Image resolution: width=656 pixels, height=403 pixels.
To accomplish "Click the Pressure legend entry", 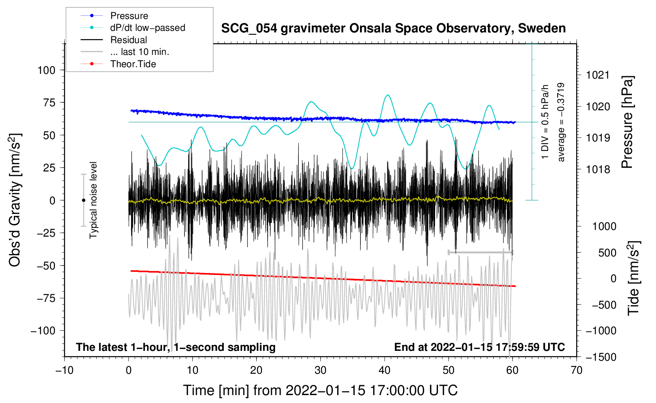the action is click(115, 15).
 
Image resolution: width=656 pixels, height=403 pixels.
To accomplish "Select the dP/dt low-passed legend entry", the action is click(133, 28).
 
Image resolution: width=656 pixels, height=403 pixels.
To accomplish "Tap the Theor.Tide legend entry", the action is click(118, 64).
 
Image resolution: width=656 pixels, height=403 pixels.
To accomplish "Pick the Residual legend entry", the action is click(114, 40).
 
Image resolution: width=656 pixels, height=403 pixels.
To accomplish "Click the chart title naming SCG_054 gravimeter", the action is click(393, 28).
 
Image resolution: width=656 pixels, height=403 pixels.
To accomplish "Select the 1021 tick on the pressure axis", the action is click(598, 75).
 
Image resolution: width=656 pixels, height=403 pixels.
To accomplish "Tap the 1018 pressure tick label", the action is click(598, 169).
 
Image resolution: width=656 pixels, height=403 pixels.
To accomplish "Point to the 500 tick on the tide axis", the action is click(607, 252).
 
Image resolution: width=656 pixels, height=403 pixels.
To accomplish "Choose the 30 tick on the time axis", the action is click(320, 371).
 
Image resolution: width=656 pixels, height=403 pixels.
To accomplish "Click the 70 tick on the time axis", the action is click(576, 371).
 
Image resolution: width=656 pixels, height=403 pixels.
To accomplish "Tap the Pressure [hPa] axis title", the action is click(628, 122).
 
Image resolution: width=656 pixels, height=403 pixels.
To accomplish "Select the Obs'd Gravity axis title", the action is click(15, 200).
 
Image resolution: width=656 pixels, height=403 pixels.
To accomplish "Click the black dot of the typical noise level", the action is click(83, 200).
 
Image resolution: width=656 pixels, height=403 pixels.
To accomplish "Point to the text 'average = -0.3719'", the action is click(560, 122).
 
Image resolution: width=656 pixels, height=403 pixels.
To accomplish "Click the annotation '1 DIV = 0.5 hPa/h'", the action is click(545, 122).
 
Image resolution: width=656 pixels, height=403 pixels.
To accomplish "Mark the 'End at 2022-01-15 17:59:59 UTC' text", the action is click(479, 347).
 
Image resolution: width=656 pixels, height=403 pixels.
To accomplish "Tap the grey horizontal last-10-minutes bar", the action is click(480, 252).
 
